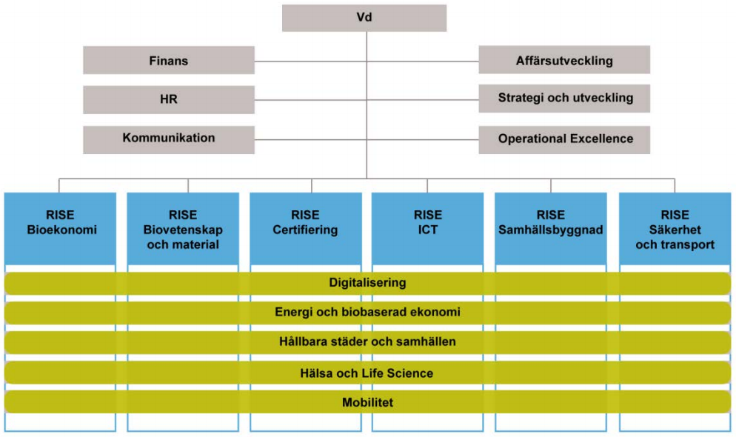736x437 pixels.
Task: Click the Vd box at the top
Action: coord(364,18)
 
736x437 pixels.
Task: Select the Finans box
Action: coord(169,60)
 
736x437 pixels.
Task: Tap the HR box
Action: coord(169,99)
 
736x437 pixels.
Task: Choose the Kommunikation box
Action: coord(169,139)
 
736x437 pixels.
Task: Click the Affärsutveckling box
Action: coord(564,59)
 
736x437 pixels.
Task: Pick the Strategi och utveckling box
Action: coord(564,99)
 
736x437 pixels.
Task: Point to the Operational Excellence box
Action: coord(564,139)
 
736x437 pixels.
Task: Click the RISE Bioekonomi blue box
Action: coord(60,229)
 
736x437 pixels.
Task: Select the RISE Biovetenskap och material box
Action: coord(183,229)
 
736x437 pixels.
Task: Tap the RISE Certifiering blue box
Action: coord(306,229)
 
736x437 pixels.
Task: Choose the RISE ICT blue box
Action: coord(428,229)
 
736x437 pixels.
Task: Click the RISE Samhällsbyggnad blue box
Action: coord(551,229)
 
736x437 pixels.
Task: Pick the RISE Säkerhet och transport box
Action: coord(675,229)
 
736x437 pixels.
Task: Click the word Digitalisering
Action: coord(367,283)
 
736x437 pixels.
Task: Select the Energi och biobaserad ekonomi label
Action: coord(367,312)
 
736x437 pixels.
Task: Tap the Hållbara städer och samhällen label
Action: coord(367,341)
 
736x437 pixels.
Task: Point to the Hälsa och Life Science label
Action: coord(367,373)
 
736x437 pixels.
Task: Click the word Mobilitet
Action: coord(367,402)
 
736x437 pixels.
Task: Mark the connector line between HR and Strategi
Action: coord(367,100)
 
